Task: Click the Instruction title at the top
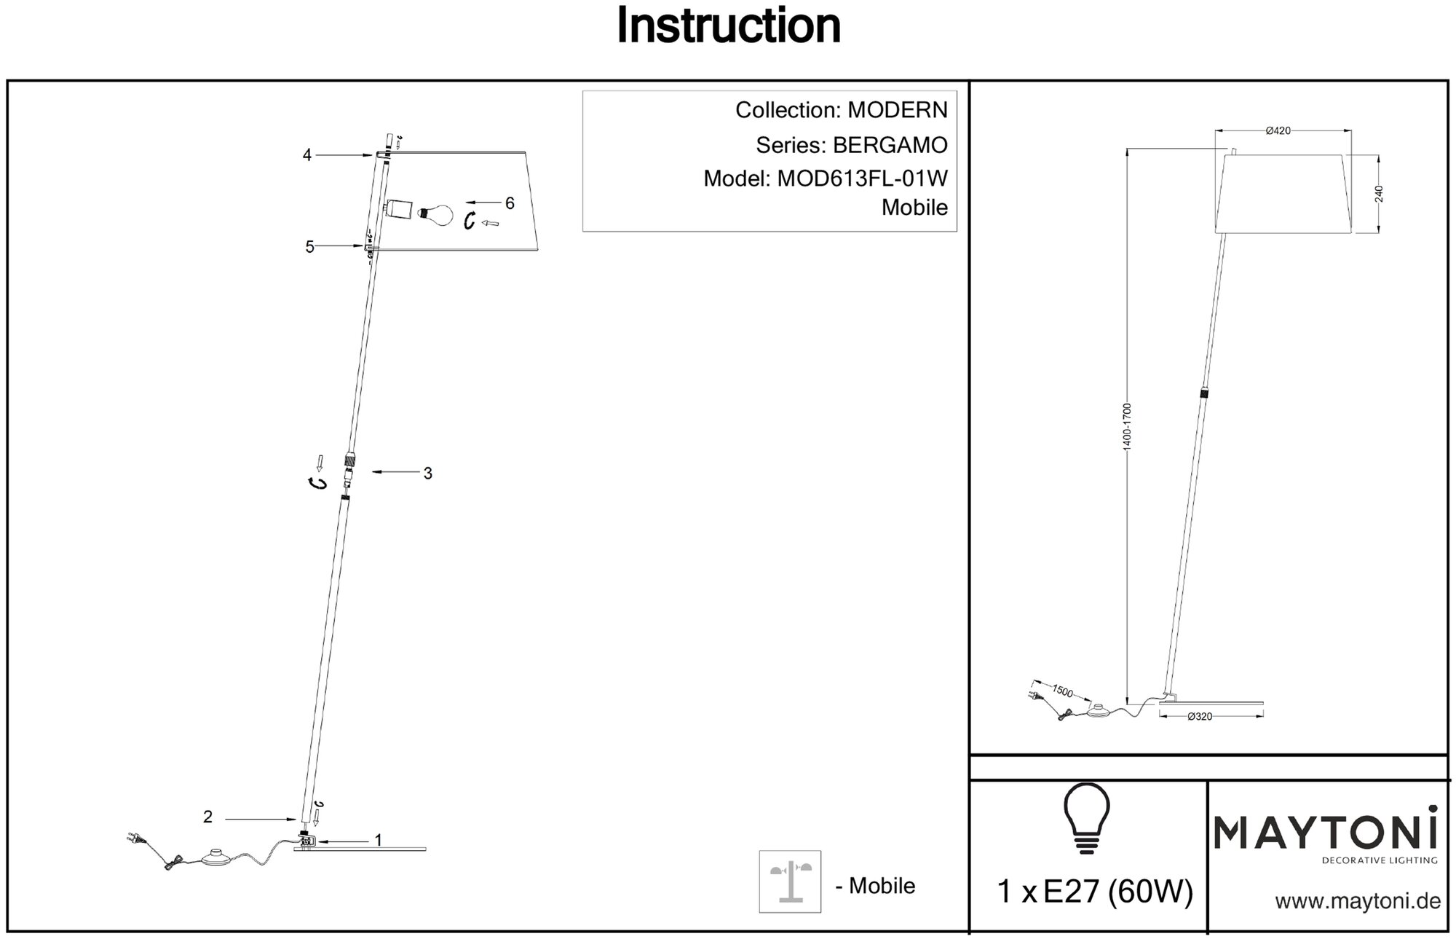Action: point(729,26)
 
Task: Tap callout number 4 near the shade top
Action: point(307,155)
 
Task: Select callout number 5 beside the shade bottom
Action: point(310,247)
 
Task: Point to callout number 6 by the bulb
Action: point(510,203)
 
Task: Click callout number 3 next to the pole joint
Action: point(428,474)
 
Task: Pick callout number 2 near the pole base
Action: point(208,817)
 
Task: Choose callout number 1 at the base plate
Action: point(378,841)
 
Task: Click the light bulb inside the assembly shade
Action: point(437,213)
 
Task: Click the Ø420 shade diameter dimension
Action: point(1278,131)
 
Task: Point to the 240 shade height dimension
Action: point(1379,194)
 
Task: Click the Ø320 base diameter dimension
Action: point(1200,717)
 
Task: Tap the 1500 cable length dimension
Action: point(1063,691)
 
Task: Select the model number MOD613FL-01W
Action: point(863,178)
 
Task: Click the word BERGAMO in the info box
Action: point(890,146)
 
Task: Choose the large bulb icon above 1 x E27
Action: point(1087,817)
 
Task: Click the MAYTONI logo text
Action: point(1325,833)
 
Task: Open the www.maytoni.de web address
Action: point(1358,901)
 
